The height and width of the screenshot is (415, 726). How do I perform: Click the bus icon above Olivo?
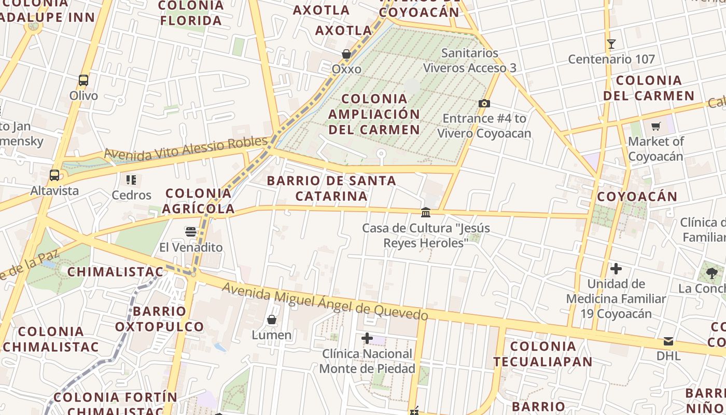pos(83,80)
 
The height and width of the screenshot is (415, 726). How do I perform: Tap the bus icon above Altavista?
pos(54,175)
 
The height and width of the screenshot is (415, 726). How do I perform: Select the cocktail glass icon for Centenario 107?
pos(611,44)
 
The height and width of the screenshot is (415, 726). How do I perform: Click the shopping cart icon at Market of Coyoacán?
pos(656,126)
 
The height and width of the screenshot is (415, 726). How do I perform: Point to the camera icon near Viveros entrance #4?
pos(484,103)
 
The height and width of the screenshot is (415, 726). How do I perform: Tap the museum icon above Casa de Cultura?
pos(426,212)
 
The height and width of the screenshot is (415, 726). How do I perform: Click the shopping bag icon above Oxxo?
pos(346,54)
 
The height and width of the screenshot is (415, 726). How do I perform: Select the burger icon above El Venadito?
pos(191,232)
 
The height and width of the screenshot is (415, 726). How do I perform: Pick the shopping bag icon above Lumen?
pos(271,320)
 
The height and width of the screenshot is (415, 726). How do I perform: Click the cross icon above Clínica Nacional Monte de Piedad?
pos(367,339)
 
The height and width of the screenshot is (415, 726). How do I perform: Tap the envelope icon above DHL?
pos(668,341)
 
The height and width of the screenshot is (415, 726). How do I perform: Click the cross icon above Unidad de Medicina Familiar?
pos(616,269)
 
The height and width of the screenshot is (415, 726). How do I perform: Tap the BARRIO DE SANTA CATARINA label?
pos(331,188)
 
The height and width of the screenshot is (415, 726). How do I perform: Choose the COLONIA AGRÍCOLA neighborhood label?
pos(198,201)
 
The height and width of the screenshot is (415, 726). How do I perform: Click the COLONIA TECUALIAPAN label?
pos(542,354)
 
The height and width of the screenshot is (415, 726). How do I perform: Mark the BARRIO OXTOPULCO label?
pos(159,319)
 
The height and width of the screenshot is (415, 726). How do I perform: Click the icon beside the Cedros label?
pos(131,180)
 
